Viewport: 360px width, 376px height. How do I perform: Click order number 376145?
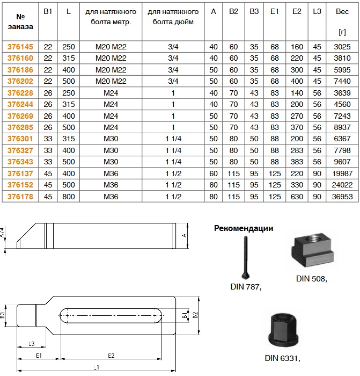[20, 47]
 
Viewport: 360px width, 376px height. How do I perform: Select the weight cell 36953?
[342, 197]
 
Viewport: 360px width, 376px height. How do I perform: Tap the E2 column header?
[297, 11]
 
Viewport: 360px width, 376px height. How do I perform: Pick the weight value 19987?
[342, 173]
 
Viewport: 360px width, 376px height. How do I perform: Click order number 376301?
[20, 139]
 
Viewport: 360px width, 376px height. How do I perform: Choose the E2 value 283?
[297, 150]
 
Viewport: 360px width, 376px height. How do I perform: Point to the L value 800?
[69, 197]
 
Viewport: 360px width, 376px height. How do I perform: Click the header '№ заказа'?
[20, 21]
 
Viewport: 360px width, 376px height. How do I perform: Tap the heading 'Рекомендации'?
[244, 228]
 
